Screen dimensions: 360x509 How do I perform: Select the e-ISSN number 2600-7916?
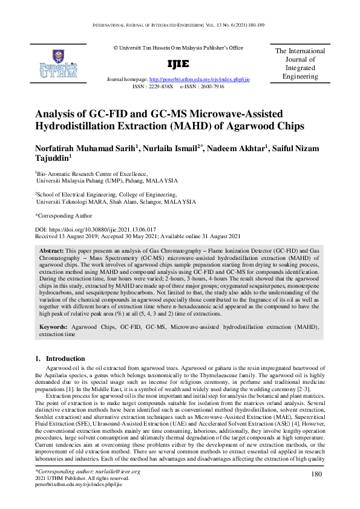[x=209, y=86]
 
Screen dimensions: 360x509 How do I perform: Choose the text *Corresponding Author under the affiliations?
[x=64, y=215]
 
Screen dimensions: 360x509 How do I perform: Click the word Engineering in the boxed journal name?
[x=301, y=77]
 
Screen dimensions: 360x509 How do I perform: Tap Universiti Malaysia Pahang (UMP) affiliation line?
[x=106, y=180]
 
